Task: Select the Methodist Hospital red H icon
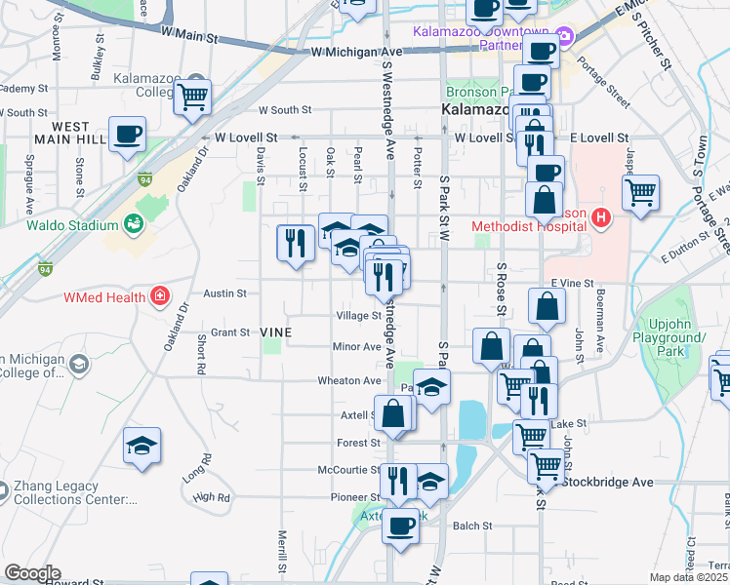[601, 219]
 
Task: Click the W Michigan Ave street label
[356, 52]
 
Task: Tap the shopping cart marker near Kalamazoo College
[193, 95]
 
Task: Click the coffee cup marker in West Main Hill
[127, 134]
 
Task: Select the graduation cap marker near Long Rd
[142, 444]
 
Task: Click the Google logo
[32, 573]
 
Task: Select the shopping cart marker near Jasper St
[640, 191]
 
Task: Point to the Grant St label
[231, 332]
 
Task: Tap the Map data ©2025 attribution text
[687, 577]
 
